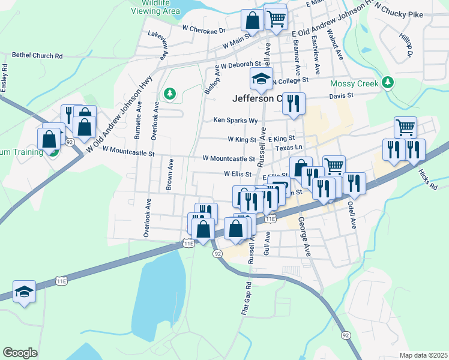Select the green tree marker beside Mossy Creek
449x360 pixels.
[388, 82]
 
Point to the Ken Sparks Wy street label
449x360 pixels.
[235, 120]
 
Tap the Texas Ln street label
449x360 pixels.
[289, 147]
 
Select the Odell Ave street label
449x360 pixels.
[353, 214]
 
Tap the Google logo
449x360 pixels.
[20, 352]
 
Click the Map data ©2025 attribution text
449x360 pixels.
[423, 355]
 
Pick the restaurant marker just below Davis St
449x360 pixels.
[294, 103]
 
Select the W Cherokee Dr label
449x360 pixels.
[203, 29]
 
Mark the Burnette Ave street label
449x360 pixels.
[139, 120]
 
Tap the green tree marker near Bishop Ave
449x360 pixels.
[170, 93]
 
